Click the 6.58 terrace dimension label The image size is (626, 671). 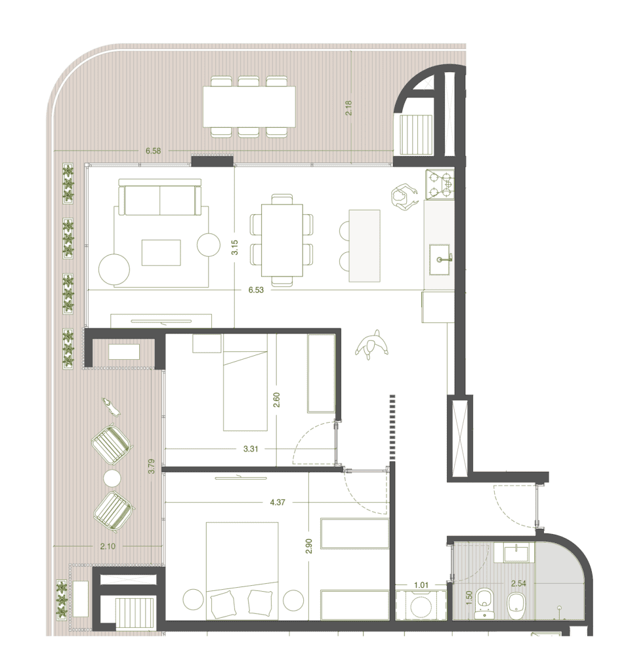(x=153, y=151)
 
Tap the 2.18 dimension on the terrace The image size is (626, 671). (x=348, y=108)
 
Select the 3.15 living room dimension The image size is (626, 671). (x=234, y=247)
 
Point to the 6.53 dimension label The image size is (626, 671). (x=256, y=290)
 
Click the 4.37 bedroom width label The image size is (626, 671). (x=277, y=502)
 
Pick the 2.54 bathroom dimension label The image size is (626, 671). (x=518, y=583)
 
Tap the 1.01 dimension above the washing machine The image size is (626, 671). (x=421, y=585)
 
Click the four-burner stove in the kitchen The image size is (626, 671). (x=440, y=184)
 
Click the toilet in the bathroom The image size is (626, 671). (x=485, y=604)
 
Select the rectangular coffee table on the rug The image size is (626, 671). (x=161, y=252)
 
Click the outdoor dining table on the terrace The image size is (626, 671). (x=249, y=107)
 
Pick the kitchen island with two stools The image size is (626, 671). (x=364, y=246)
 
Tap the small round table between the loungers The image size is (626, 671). (x=112, y=478)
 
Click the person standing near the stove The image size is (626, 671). (x=403, y=197)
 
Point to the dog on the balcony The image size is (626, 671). (x=110, y=406)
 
